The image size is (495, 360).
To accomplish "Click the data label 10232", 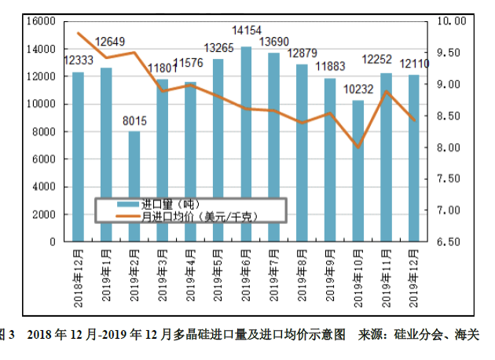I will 357,89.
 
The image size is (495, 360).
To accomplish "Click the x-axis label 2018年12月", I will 78,275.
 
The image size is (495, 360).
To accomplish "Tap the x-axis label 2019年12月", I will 413,275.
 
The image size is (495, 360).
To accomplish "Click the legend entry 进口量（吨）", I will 170,204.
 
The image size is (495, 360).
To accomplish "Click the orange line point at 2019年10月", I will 357,147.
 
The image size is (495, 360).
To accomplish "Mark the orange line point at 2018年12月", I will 78,33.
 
